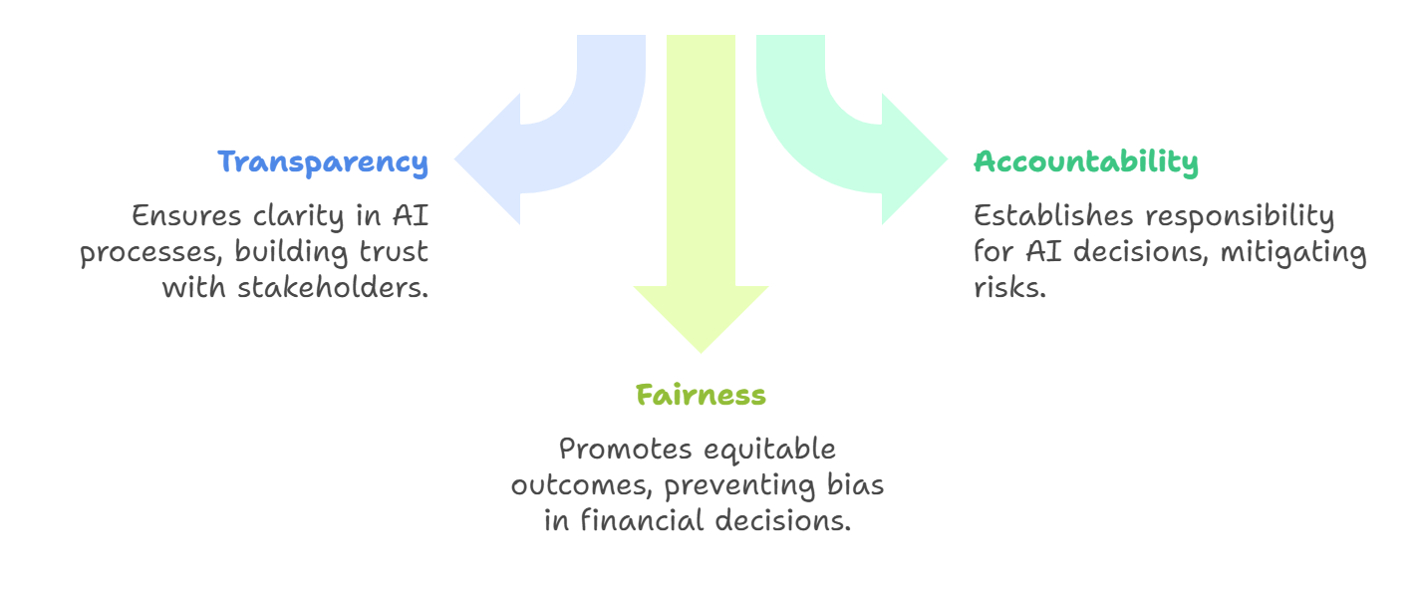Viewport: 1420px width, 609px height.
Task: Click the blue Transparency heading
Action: [x=323, y=161]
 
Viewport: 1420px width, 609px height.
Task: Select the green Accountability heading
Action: [x=1086, y=161]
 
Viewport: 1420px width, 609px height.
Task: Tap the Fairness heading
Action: [x=701, y=395]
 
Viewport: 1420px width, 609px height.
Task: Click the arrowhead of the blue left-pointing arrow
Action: [x=488, y=159]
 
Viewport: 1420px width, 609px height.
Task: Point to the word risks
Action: [x=1008, y=288]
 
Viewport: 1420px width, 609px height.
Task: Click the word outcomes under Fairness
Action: [x=582, y=485]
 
